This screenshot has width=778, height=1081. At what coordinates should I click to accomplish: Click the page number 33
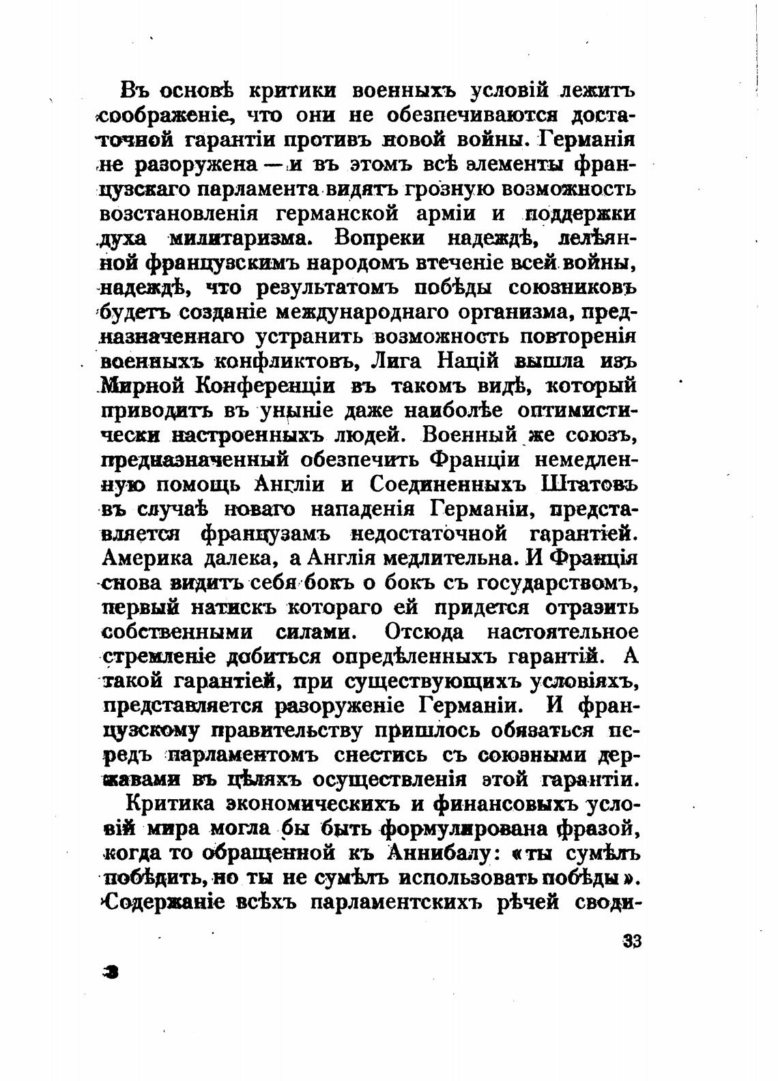click(632, 941)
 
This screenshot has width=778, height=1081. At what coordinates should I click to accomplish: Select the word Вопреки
click(379, 238)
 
